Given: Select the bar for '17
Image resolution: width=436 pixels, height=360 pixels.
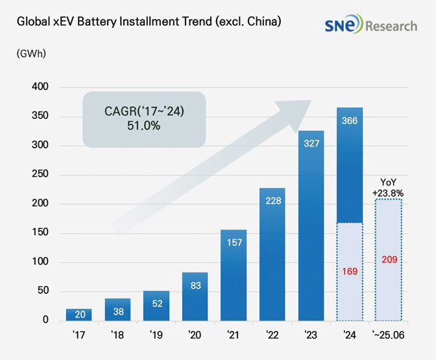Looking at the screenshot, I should (x=79, y=315).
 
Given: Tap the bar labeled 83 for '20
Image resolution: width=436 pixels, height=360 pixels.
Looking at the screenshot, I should (x=195, y=297).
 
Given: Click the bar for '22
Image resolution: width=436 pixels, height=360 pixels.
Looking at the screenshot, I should (x=272, y=254).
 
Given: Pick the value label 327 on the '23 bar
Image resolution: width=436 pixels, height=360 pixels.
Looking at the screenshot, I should (x=311, y=143).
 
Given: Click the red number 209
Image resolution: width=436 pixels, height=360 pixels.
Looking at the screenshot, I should (x=389, y=259).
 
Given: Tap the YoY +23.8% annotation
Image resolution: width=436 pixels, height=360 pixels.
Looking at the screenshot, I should (x=389, y=187).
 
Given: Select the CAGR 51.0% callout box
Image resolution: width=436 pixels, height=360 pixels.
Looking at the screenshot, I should (x=144, y=117).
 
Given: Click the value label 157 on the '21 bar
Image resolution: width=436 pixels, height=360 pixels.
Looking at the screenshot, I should (x=234, y=242).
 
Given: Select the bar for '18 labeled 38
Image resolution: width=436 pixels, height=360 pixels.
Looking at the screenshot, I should (x=117, y=309).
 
